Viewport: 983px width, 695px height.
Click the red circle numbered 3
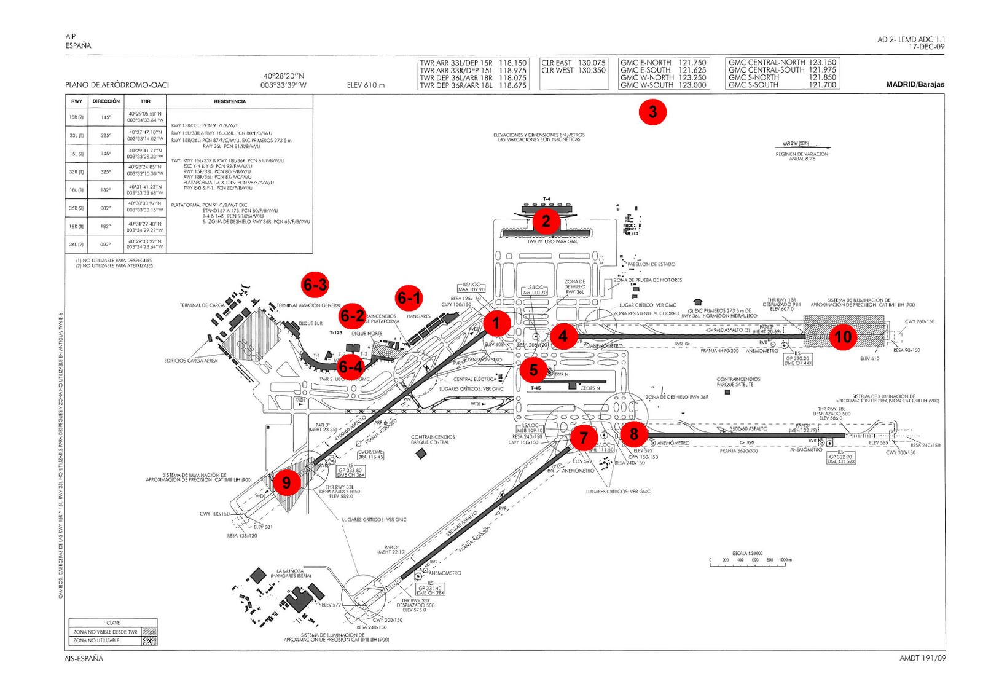point(652,112)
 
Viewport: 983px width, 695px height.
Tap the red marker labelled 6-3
point(315,285)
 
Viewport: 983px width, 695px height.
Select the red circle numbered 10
point(842,336)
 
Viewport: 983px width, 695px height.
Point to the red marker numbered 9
point(286,482)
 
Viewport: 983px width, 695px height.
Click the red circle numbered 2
point(546,221)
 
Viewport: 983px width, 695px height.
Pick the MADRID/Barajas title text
point(915,85)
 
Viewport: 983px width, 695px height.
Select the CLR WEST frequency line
point(573,71)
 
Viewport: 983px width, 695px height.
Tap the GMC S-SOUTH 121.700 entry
point(782,85)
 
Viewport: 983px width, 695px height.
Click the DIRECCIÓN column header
point(106,101)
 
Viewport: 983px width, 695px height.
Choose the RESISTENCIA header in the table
point(230,101)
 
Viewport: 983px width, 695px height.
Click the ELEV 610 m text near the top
point(366,85)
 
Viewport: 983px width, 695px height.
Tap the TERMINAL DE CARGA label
point(202,305)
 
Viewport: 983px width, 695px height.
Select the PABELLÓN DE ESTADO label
point(651,264)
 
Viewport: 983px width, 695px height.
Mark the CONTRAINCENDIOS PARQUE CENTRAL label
point(433,440)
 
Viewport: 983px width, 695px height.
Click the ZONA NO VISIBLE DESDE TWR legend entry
point(105,632)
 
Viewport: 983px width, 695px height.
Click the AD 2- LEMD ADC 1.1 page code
point(911,39)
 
